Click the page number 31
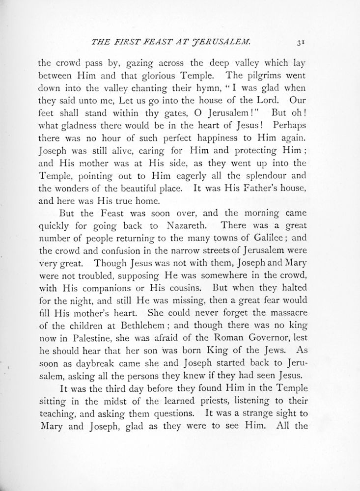point(301,43)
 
